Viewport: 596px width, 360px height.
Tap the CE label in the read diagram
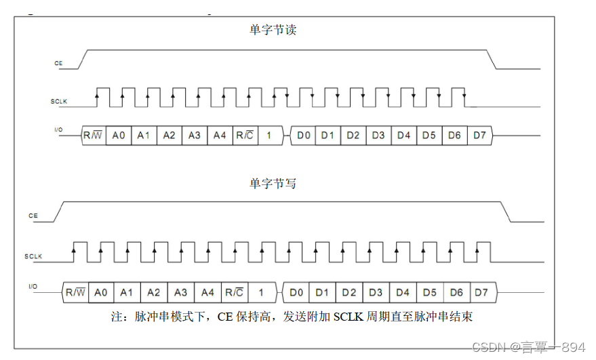pyautogui.click(x=58, y=63)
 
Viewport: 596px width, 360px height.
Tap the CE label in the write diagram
pyautogui.click(x=33, y=216)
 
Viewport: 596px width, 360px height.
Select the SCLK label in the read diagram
pyautogui.click(x=59, y=102)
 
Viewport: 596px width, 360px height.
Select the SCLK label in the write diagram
pyautogui.click(x=33, y=256)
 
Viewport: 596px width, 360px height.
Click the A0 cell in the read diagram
pyautogui.click(x=119, y=136)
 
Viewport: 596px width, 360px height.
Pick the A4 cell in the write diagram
pyautogui.click(x=207, y=292)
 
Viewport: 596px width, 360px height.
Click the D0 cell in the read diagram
pyautogui.click(x=304, y=136)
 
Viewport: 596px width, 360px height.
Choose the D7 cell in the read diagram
pyautogui.click(x=479, y=136)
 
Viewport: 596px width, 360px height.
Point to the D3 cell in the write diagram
pyautogui.click(x=376, y=292)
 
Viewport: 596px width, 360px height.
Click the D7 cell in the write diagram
pyautogui.click(x=481, y=292)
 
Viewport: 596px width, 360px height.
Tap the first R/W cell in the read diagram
pyautogui.click(x=93, y=136)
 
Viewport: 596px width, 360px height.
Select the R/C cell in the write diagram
pyautogui.click(x=234, y=292)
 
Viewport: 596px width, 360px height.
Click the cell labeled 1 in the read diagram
pyautogui.click(x=269, y=136)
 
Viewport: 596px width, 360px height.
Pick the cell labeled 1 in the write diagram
pyautogui.click(x=260, y=292)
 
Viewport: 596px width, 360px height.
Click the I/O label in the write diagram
pyautogui.click(x=33, y=287)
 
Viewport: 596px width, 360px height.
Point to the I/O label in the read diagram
pyautogui.click(x=58, y=128)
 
